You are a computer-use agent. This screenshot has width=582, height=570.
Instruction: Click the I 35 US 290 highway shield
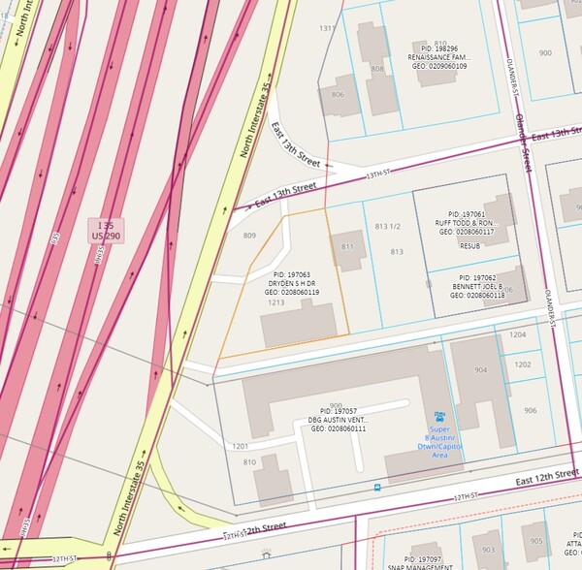106,230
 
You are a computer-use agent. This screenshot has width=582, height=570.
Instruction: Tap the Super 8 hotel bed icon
438,415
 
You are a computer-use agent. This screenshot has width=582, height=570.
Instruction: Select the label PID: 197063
293,274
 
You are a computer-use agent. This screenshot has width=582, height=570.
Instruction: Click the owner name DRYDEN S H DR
293,283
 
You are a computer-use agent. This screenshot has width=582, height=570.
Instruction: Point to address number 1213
276,302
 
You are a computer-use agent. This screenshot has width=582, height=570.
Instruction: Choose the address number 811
348,247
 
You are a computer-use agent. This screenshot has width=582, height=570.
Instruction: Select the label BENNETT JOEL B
477,286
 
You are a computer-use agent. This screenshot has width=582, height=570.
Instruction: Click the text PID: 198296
438,47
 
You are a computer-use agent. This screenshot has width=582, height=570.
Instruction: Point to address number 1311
328,28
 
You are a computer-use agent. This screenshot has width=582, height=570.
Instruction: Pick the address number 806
338,94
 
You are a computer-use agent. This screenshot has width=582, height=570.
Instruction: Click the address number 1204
518,334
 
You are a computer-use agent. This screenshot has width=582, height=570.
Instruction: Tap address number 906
530,410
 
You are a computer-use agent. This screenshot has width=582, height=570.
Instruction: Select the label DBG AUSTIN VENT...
339,420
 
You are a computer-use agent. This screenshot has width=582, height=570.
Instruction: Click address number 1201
241,446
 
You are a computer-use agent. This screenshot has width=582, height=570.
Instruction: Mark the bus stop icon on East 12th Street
376,487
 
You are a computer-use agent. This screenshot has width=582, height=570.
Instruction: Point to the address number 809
249,236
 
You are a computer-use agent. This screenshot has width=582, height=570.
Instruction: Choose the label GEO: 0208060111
339,428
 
